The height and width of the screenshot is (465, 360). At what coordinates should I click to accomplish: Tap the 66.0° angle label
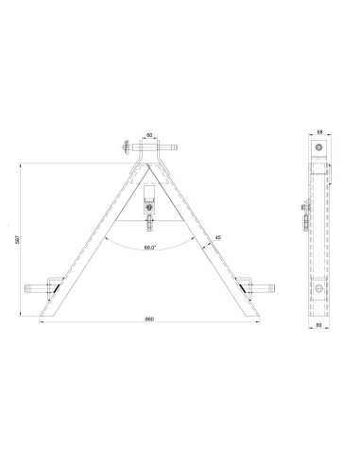point(150,247)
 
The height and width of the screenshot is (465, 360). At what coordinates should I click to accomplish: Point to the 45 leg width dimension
point(218,237)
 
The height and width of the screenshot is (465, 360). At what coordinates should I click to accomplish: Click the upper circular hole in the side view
point(320,149)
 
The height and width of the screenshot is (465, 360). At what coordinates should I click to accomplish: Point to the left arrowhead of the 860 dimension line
point(41,323)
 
